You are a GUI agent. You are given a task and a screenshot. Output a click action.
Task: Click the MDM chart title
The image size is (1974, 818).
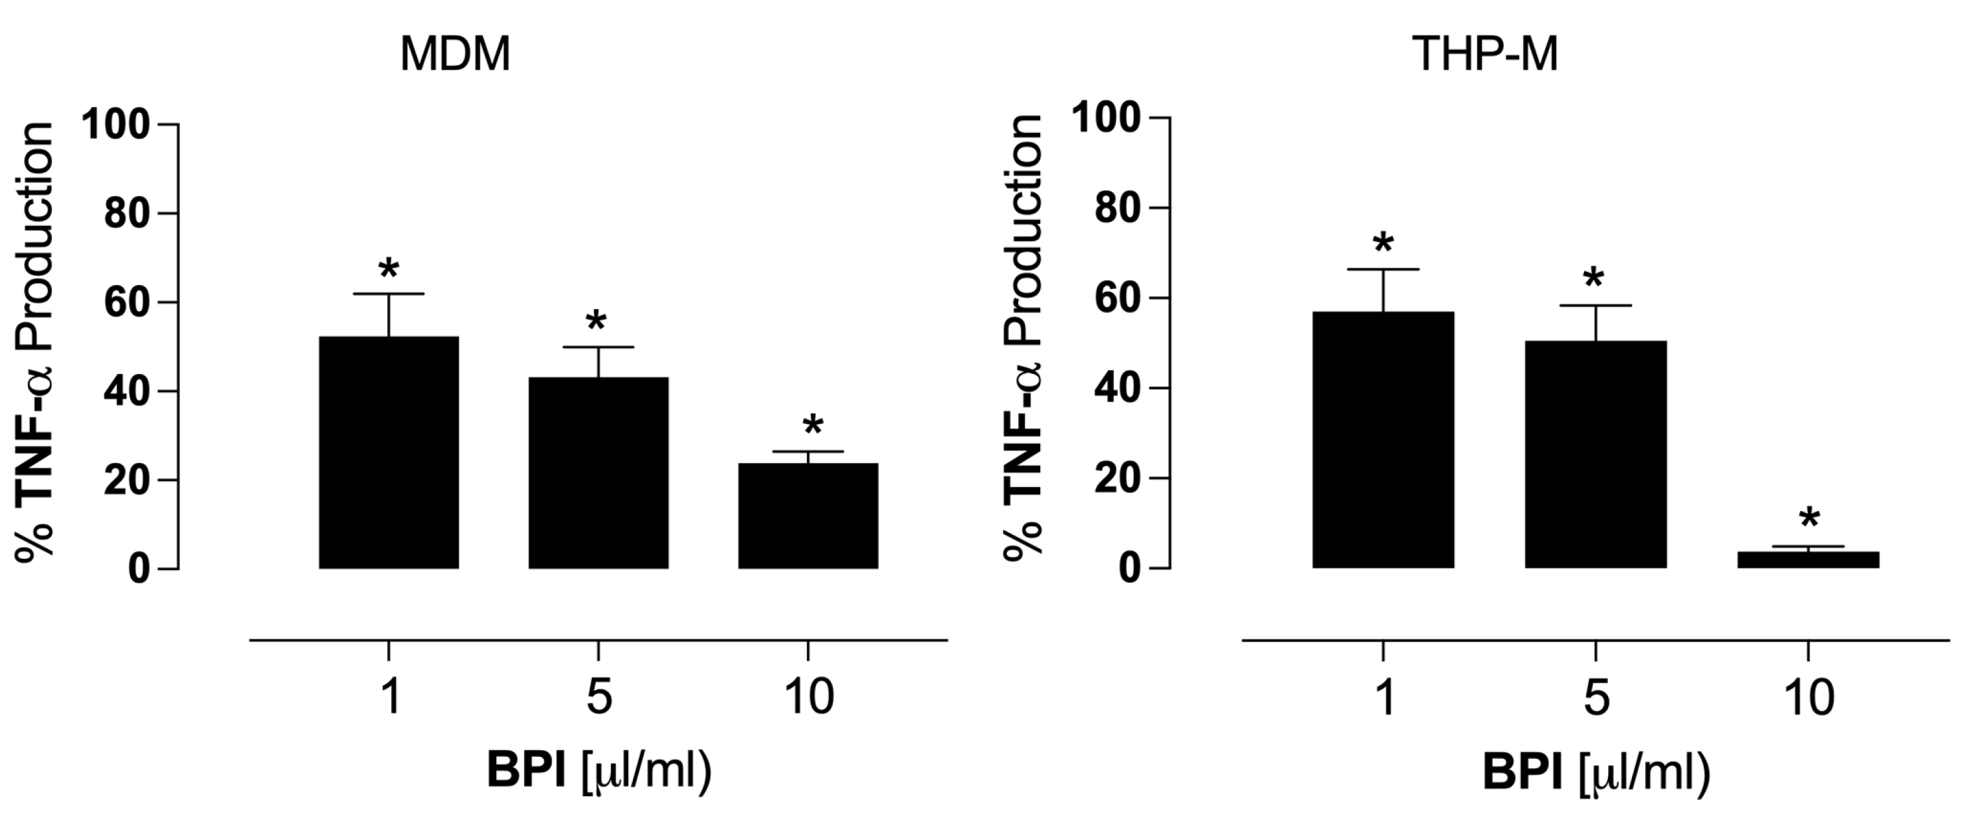point(454,55)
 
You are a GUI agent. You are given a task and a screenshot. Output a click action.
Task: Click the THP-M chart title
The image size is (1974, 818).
point(1484,55)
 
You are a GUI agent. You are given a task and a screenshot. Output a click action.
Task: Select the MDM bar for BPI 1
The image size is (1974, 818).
point(389,453)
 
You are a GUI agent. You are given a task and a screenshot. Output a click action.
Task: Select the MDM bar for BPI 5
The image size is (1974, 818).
point(598,472)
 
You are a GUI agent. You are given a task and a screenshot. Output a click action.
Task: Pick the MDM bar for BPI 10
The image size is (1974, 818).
point(808,515)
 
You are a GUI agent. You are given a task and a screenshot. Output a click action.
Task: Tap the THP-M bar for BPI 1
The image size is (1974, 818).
point(1383,439)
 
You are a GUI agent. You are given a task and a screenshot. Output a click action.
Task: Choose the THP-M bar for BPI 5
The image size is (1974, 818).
point(1595,454)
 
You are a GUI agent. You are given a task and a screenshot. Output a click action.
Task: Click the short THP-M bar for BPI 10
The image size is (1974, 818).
point(1809,560)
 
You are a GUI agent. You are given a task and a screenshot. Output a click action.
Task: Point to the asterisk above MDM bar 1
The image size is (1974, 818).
point(389,270)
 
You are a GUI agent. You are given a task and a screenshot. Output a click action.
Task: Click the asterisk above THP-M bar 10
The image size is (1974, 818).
point(1809,519)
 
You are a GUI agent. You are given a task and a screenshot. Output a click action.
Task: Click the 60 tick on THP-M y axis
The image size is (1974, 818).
point(1119,298)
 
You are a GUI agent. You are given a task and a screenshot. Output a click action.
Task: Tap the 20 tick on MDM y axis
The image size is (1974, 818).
point(126,480)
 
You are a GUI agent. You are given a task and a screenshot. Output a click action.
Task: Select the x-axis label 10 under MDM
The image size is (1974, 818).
point(809,698)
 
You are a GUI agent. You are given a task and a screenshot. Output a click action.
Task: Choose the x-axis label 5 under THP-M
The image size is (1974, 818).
point(1595,698)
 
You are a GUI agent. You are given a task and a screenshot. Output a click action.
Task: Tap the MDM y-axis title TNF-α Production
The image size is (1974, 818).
point(35,345)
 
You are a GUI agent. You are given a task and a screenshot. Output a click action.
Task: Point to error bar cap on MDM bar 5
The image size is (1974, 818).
point(598,348)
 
